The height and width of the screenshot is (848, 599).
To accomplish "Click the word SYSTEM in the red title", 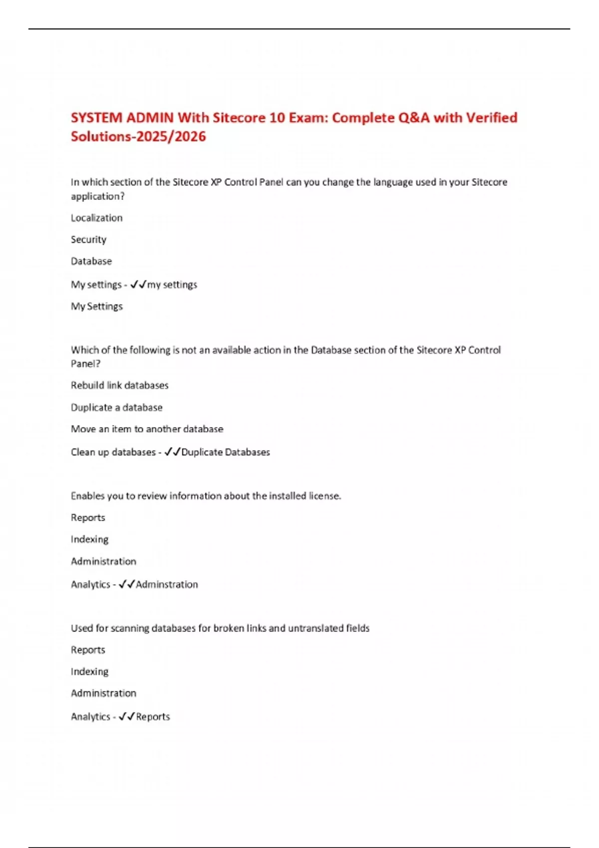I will pyautogui.click(x=96, y=118).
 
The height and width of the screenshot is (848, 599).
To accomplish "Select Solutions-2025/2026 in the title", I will pyautogui.click(x=138, y=137).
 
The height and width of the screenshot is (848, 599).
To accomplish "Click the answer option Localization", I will pyautogui.click(x=96, y=218).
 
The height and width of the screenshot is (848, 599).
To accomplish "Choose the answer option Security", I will pyautogui.click(x=88, y=239).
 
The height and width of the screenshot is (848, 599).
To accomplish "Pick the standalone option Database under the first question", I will pyautogui.click(x=91, y=261).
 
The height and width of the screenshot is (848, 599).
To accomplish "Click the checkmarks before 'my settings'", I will pyautogui.click(x=138, y=284).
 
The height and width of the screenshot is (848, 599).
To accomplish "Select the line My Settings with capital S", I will pyautogui.click(x=96, y=306).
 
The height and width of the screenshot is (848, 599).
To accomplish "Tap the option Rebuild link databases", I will pyautogui.click(x=120, y=386).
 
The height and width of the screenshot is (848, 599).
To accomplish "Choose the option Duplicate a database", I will pyautogui.click(x=116, y=408).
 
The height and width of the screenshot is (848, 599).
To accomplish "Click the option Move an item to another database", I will pyautogui.click(x=147, y=429).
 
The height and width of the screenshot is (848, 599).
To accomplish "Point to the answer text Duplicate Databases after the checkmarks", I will pyautogui.click(x=226, y=452).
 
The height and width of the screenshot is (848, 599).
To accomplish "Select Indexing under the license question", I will pyautogui.click(x=89, y=539).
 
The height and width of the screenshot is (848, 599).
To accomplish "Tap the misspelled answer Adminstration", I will pyautogui.click(x=167, y=585).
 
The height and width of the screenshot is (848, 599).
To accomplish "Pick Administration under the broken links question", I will pyautogui.click(x=103, y=693).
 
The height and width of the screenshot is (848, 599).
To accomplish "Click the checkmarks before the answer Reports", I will pyautogui.click(x=127, y=717).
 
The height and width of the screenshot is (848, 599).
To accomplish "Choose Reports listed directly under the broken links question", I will pyautogui.click(x=88, y=650).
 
